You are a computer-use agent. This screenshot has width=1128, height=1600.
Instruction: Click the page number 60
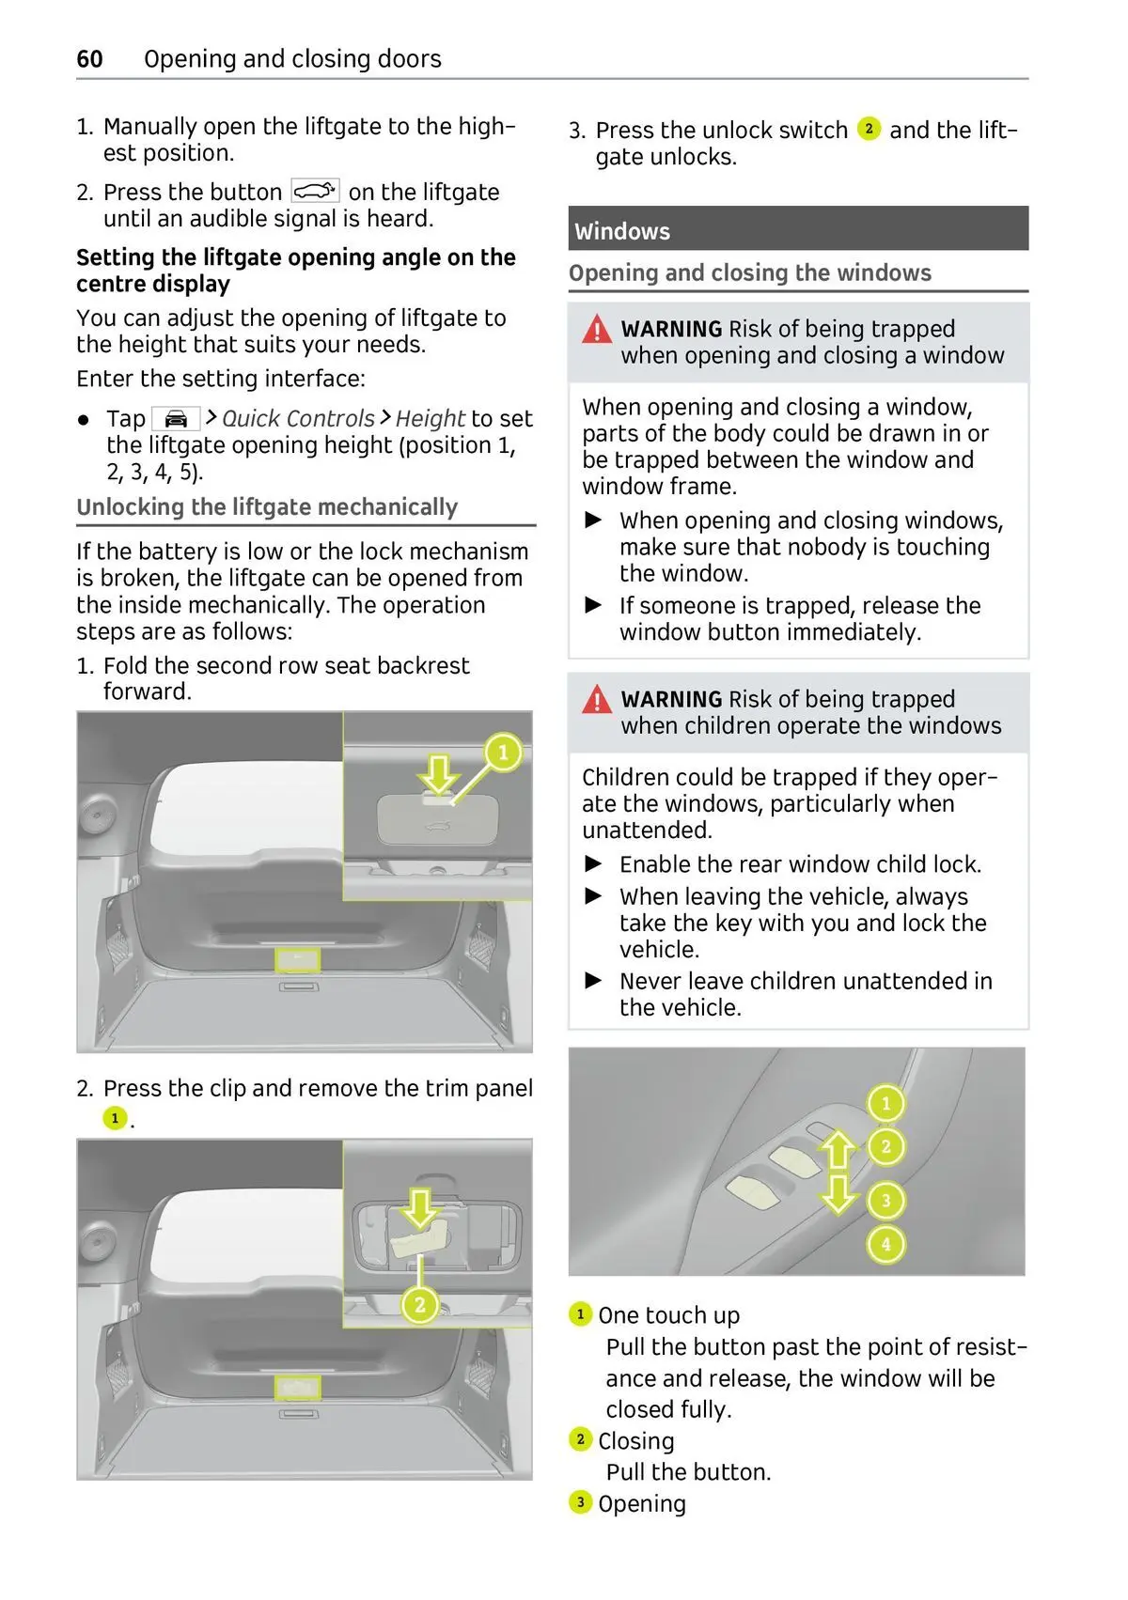[x=89, y=59]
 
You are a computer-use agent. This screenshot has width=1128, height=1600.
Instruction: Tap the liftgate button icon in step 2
[x=315, y=192]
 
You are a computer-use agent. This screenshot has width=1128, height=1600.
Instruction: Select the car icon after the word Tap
[x=176, y=419]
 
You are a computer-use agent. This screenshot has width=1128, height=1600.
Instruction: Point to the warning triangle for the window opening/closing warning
[x=597, y=330]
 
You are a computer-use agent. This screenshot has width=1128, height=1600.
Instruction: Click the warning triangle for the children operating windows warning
[x=597, y=700]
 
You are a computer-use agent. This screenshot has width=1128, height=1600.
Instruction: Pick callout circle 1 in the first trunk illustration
[x=503, y=753]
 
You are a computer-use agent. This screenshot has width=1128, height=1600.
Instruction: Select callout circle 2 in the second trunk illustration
[x=420, y=1304]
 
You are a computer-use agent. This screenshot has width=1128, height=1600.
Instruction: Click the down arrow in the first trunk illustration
[x=439, y=774]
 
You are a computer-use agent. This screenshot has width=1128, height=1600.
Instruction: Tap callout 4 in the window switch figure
[x=885, y=1245]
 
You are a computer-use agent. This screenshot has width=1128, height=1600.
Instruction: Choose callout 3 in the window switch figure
[x=885, y=1200]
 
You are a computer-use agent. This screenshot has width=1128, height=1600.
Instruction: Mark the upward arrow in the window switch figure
[x=838, y=1151]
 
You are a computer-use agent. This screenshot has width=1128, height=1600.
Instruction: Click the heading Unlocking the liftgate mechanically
[x=267, y=507]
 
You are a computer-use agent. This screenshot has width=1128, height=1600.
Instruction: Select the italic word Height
[x=430, y=419]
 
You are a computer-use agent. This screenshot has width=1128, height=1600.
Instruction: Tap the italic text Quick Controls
[x=298, y=419]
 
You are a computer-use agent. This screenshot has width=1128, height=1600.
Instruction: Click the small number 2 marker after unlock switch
[x=869, y=129]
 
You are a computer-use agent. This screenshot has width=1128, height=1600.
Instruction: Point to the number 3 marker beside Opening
[x=580, y=1502]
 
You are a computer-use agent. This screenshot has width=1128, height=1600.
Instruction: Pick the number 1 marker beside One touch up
[x=580, y=1313]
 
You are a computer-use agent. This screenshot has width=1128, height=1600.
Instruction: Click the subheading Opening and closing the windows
[x=749, y=273]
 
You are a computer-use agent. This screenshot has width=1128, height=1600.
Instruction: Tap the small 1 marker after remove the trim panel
[x=115, y=1118]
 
